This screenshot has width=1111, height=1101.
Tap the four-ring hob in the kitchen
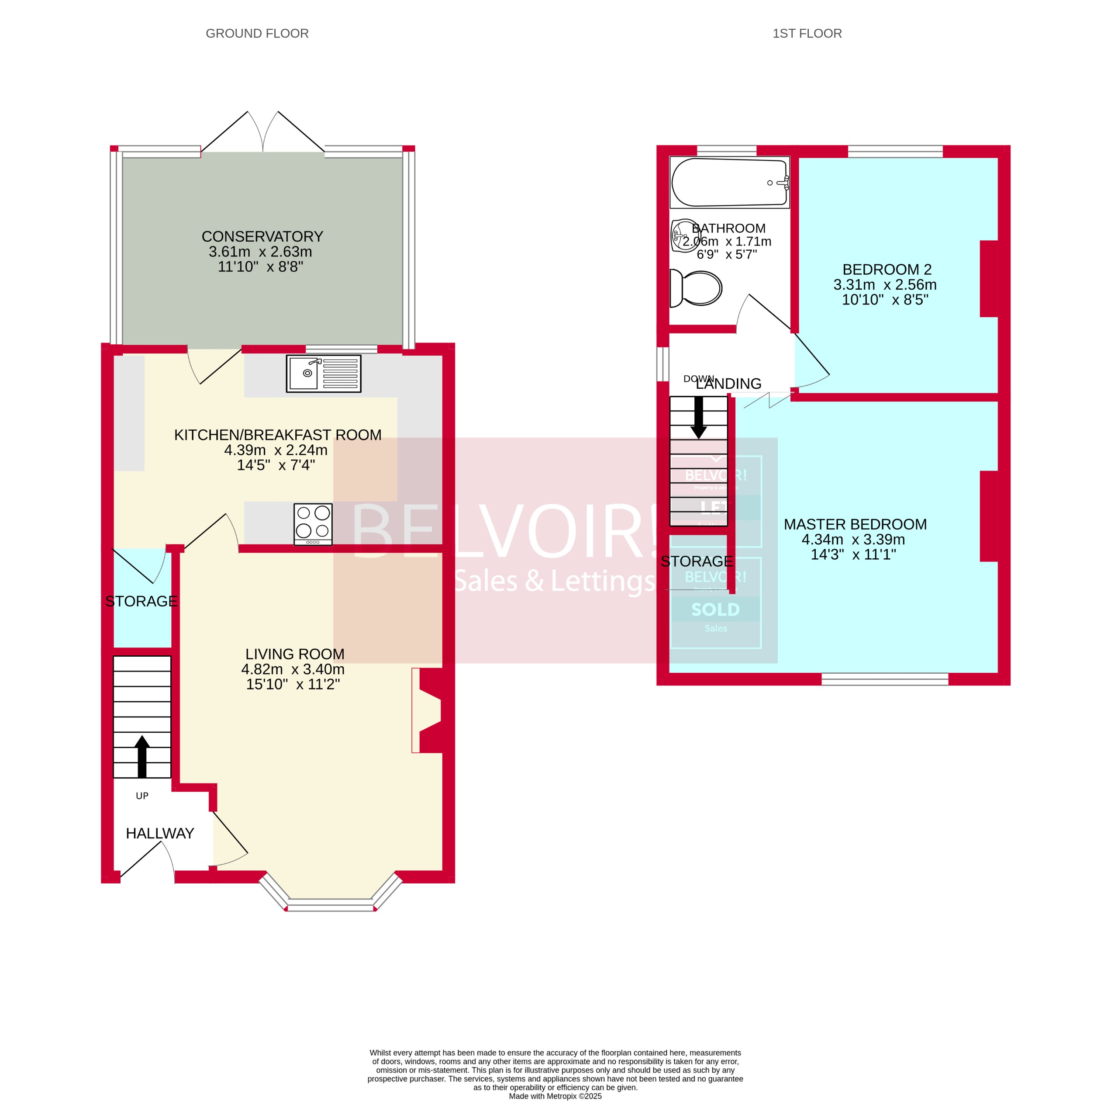coord(313,523)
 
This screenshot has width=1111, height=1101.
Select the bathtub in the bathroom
coord(729,182)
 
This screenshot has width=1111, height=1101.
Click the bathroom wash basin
coord(684,235)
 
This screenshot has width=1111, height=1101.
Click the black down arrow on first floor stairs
coord(699,418)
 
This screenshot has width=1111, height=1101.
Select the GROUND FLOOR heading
coord(257,33)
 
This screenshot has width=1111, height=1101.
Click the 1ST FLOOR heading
coord(807,33)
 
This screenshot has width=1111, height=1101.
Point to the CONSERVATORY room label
coord(262,236)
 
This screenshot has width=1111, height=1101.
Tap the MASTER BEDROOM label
coord(855,524)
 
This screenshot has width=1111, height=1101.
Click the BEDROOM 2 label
coord(887,269)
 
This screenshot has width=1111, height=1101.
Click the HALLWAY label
coord(160,833)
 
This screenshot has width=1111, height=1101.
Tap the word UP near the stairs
coord(142,796)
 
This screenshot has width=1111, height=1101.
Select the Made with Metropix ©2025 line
coord(555,1096)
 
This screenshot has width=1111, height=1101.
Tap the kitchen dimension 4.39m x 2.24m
coord(276,450)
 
